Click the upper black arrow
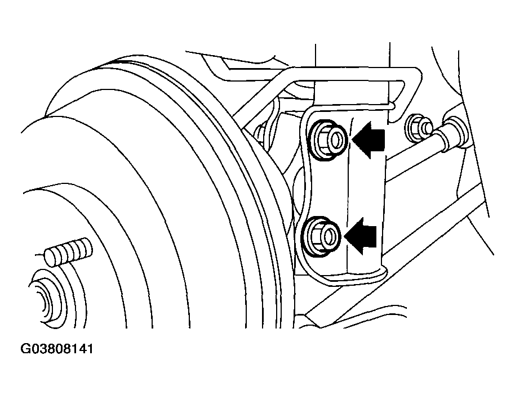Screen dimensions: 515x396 (x=368, y=140)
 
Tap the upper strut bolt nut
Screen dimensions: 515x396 (x=328, y=140)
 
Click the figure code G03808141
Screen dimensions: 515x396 (x=57, y=349)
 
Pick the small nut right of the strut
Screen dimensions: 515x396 (x=419, y=128)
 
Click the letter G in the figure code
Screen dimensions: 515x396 (x=25, y=349)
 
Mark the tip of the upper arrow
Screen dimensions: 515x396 (x=352, y=140)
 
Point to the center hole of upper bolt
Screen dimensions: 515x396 (x=336, y=139)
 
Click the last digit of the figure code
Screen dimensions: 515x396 (x=90, y=349)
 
